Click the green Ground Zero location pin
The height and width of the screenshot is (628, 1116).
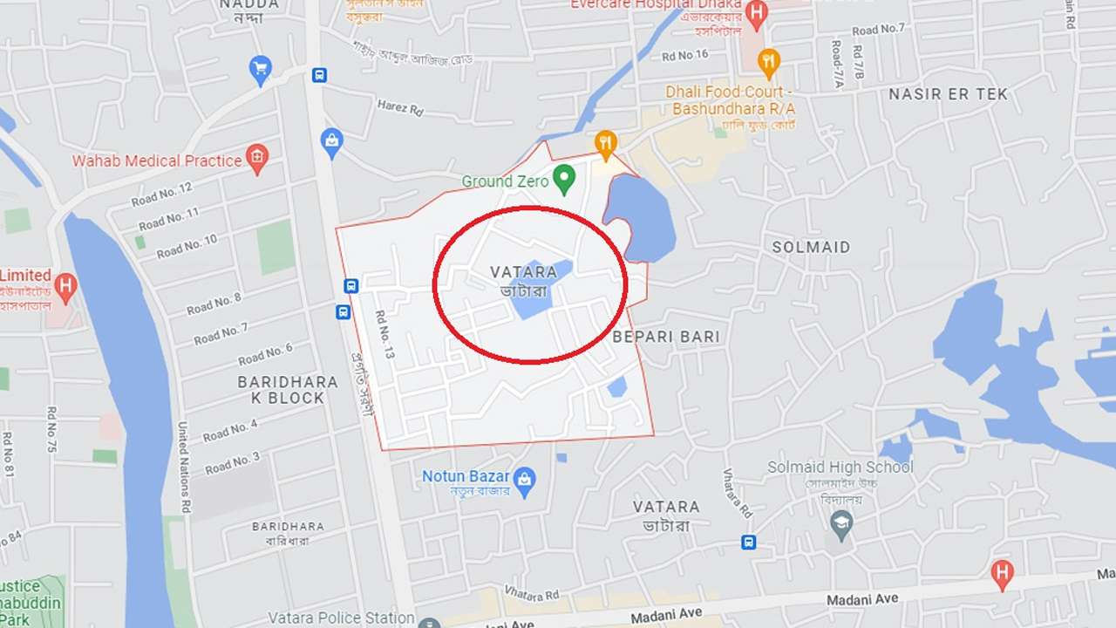coord(564,180)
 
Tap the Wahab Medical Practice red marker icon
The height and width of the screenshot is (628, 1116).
coord(256,159)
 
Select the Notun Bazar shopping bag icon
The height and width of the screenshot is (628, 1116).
coord(524,479)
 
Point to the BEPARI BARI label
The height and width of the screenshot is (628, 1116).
coord(666,337)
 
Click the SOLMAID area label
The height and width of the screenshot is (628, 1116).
coord(811,247)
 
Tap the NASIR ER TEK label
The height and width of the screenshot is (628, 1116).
coord(948,94)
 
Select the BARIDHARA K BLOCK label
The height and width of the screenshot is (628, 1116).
coord(288,390)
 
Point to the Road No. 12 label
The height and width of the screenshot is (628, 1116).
coord(162,195)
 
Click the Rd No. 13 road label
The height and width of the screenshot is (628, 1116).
coord(385,335)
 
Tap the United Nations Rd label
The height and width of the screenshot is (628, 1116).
coord(184,467)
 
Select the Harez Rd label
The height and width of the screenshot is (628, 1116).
coord(400,107)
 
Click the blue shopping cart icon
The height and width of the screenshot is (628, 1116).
coord(260,68)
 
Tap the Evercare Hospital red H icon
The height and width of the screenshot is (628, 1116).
coord(757,13)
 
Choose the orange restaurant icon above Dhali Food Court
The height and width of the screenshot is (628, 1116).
coord(768,61)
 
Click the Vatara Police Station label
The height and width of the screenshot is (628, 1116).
coord(341,618)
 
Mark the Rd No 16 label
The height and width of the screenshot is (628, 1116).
coord(684,55)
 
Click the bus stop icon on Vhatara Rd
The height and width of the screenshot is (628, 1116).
coord(748,543)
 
